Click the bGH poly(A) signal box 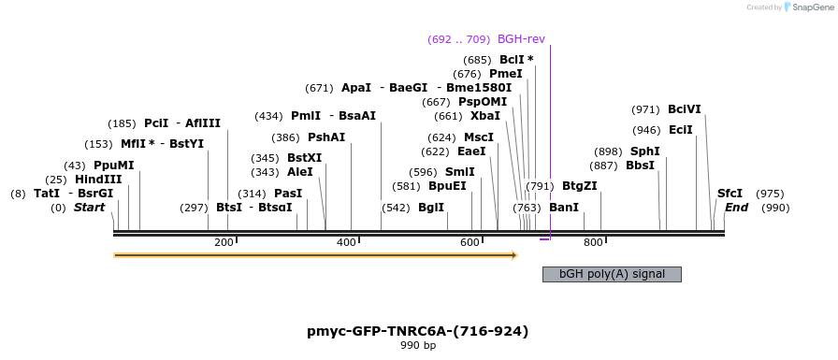(612, 274)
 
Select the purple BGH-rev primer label (521, 39)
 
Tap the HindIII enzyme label (98, 180)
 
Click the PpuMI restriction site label (113, 166)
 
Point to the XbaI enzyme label (485, 116)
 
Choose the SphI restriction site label (644, 151)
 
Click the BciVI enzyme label (684, 109)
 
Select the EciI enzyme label (681, 130)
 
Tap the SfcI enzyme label (730, 194)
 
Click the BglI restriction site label (431, 208)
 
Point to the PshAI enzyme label (326, 137)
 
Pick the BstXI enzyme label (304, 158)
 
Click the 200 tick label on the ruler (224, 243)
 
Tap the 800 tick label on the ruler (593, 243)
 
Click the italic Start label (90, 208)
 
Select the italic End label (737, 208)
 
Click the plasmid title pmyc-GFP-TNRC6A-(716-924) (418, 331)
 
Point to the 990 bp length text (418, 346)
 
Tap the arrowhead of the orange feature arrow (513, 254)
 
